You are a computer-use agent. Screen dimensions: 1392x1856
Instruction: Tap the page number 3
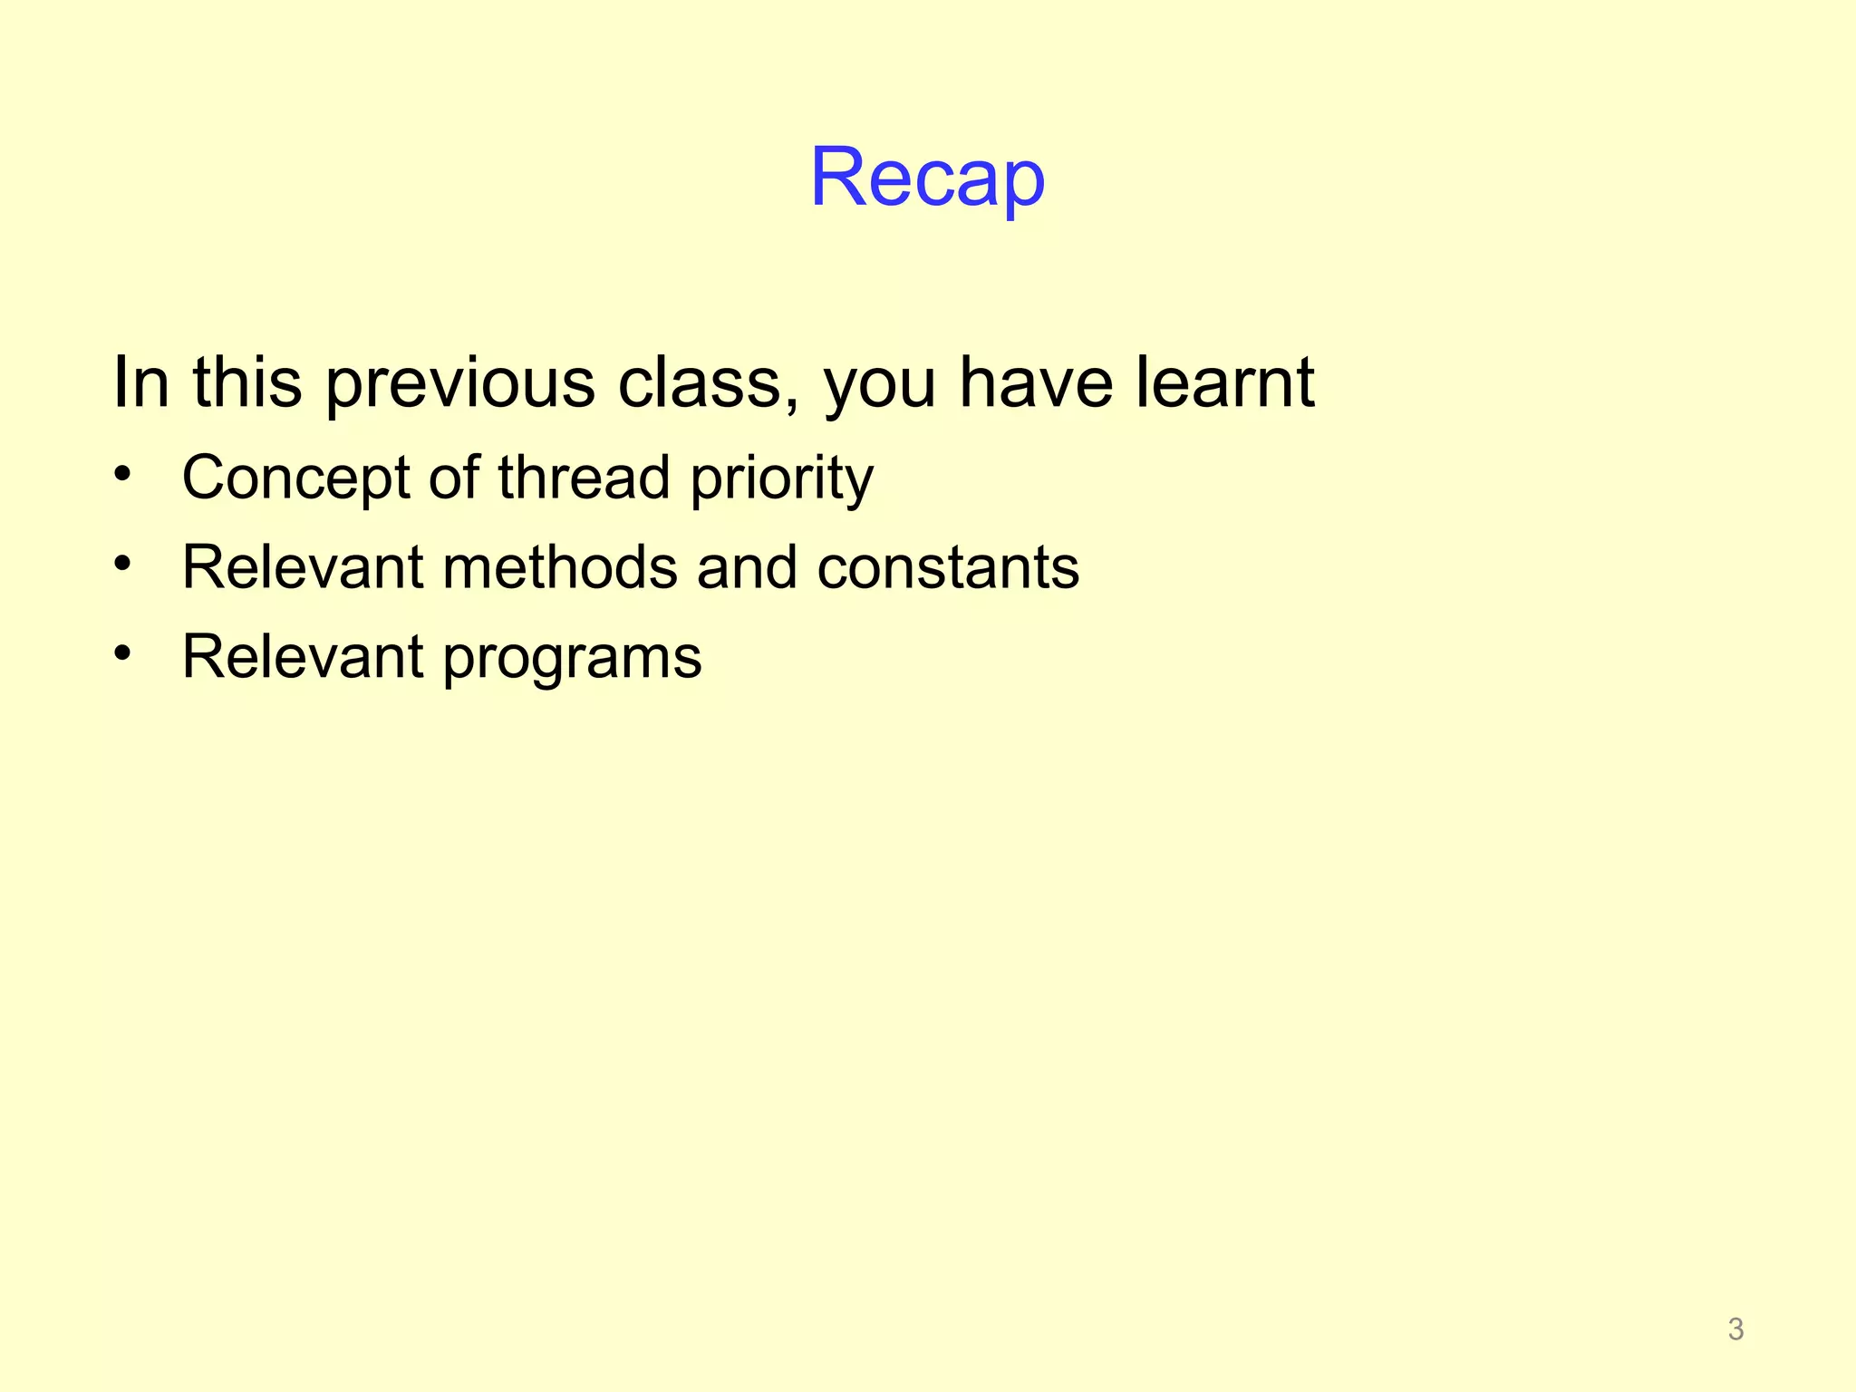pos(1735,1329)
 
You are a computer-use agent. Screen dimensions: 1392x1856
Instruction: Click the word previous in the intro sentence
pos(460,382)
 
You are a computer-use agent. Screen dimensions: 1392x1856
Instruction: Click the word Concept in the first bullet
pos(295,478)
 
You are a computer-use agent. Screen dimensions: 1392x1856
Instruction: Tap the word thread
pos(584,478)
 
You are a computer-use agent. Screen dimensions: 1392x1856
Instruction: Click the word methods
pos(559,567)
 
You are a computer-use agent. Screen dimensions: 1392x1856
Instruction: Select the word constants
pos(948,567)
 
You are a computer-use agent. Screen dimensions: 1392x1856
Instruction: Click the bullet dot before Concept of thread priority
pos(123,473)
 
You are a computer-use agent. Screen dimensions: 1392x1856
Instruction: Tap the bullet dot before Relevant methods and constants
pos(123,563)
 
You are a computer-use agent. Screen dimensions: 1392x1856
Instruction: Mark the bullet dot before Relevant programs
pos(123,652)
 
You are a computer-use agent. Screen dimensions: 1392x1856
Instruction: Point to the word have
pos(1035,382)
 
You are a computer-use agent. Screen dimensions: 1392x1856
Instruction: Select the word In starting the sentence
pos(140,382)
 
